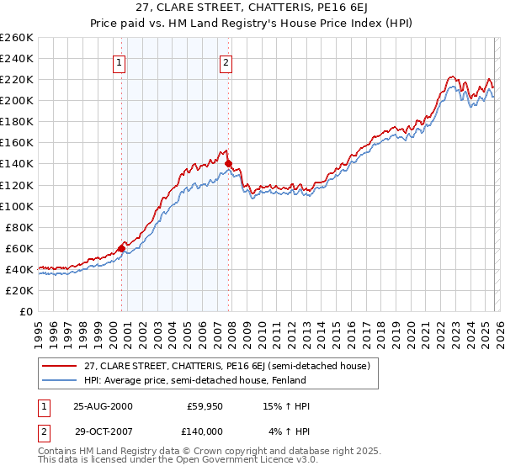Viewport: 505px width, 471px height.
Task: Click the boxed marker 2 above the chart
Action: click(226, 61)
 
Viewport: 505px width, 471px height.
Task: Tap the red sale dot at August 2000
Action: click(122, 248)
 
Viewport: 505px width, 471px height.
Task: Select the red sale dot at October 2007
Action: click(228, 163)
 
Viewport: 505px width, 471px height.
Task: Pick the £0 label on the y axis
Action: click(27, 311)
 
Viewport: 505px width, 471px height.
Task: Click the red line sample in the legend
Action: click(60, 365)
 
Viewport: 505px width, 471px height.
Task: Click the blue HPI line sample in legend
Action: click(60, 380)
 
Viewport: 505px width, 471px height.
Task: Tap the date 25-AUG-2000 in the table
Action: click(103, 406)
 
